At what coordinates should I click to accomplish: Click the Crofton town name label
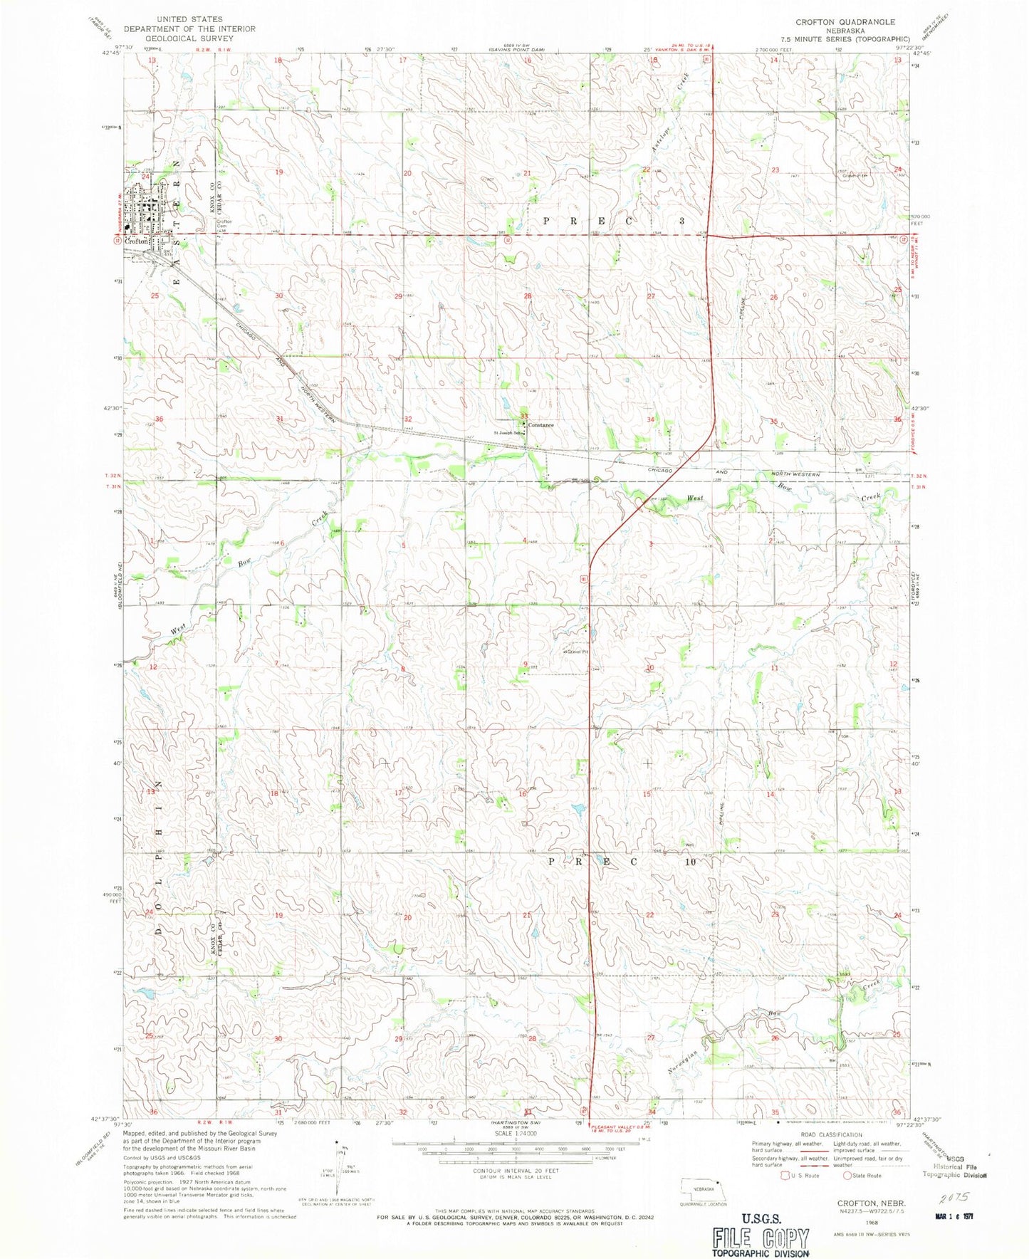(x=136, y=241)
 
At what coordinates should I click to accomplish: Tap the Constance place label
(x=540, y=425)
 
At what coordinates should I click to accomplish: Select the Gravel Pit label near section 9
(x=578, y=651)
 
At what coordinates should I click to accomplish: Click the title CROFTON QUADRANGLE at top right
(x=845, y=22)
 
